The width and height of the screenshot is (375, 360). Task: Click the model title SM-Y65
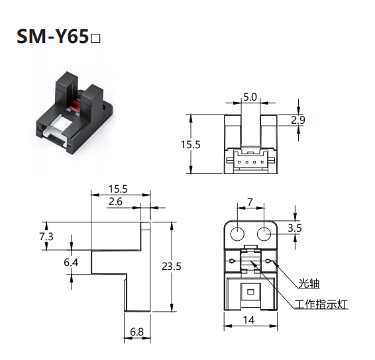[52, 36]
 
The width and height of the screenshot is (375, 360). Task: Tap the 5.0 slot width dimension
[250, 97]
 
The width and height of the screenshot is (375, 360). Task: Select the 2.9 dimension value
[298, 120]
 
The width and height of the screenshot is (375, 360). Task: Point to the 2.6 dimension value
[115, 202]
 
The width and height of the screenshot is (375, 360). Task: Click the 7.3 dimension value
[46, 236]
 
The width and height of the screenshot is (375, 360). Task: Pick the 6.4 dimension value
[71, 263]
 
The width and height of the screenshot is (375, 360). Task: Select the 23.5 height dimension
[172, 266]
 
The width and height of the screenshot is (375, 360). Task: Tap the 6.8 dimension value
[136, 332]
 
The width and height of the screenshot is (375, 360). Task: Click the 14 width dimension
[248, 320]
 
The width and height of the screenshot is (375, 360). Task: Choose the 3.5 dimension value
[295, 228]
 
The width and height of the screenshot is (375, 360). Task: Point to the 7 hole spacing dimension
[250, 202]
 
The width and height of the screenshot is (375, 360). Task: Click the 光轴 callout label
[309, 284]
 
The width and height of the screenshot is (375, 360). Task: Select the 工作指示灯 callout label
[321, 304]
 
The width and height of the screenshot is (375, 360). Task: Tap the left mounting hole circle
[237, 234]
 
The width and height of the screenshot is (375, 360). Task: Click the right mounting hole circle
[264, 234]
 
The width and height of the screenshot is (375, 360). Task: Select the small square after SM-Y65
[96, 39]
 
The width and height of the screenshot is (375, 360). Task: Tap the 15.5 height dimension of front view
[190, 145]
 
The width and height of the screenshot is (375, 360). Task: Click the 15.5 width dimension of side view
[118, 189]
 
